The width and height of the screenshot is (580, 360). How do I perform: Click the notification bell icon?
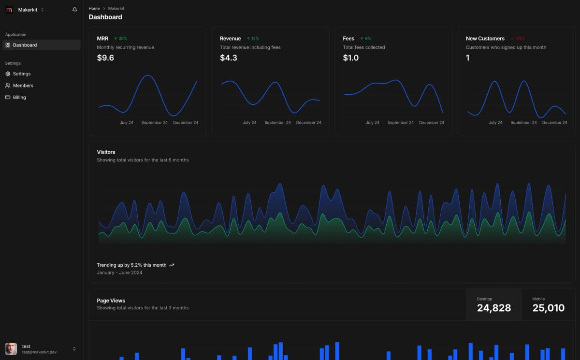point(74,10)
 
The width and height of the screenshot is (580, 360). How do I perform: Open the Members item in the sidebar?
point(23,86)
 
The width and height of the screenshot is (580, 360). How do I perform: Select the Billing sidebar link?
point(19,97)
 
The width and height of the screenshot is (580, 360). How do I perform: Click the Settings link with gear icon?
point(21,74)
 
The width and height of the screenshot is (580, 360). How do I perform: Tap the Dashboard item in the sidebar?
point(25,45)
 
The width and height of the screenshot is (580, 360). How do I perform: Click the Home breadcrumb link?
point(94,9)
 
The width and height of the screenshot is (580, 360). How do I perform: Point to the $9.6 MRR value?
point(105,58)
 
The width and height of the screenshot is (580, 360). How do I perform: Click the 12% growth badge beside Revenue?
point(253,39)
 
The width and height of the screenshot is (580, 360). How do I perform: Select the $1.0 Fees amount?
point(351,58)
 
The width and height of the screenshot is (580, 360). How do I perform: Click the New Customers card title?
point(485,39)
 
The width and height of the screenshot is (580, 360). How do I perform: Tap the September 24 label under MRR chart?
point(154,123)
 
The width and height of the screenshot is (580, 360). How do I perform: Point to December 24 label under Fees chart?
point(432,123)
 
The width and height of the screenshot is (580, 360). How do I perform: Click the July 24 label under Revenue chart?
point(249,123)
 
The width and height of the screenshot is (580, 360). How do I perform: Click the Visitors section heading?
point(106,152)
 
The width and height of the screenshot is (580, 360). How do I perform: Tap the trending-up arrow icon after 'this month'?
point(172,265)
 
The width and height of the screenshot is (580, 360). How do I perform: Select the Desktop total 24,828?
point(493,308)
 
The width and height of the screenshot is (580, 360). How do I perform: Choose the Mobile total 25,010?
point(548,308)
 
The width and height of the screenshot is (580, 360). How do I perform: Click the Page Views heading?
point(111,301)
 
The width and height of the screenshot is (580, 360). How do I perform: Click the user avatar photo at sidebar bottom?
point(11,349)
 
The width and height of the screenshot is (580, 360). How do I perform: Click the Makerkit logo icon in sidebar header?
point(9,10)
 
